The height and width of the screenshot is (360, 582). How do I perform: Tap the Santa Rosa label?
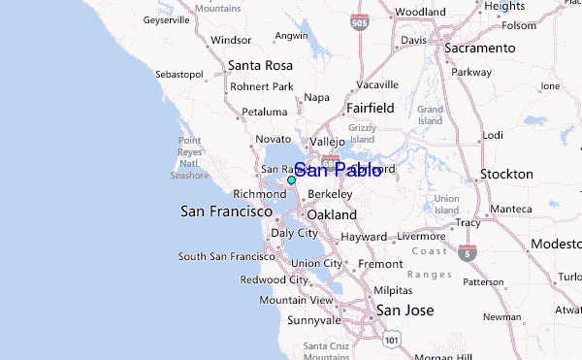(259, 66)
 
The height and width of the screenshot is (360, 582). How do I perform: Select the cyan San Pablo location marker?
(291, 180)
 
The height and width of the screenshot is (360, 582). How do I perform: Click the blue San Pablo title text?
(337, 171)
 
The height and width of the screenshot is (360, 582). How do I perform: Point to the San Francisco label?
(225, 211)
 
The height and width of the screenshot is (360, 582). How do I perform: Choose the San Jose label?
(404, 311)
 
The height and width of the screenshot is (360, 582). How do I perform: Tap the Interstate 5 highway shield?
(469, 253)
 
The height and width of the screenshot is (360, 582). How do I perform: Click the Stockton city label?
(506, 175)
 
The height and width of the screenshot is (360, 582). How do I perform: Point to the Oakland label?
(332, 214)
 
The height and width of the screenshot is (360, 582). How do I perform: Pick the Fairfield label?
(370, 109)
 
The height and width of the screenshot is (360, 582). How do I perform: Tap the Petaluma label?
(265, 113)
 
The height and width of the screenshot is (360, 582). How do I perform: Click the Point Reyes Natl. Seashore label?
(189, 158)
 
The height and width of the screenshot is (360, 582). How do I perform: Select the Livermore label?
(421, 236)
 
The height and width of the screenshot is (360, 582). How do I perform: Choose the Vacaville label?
(377, 84)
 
